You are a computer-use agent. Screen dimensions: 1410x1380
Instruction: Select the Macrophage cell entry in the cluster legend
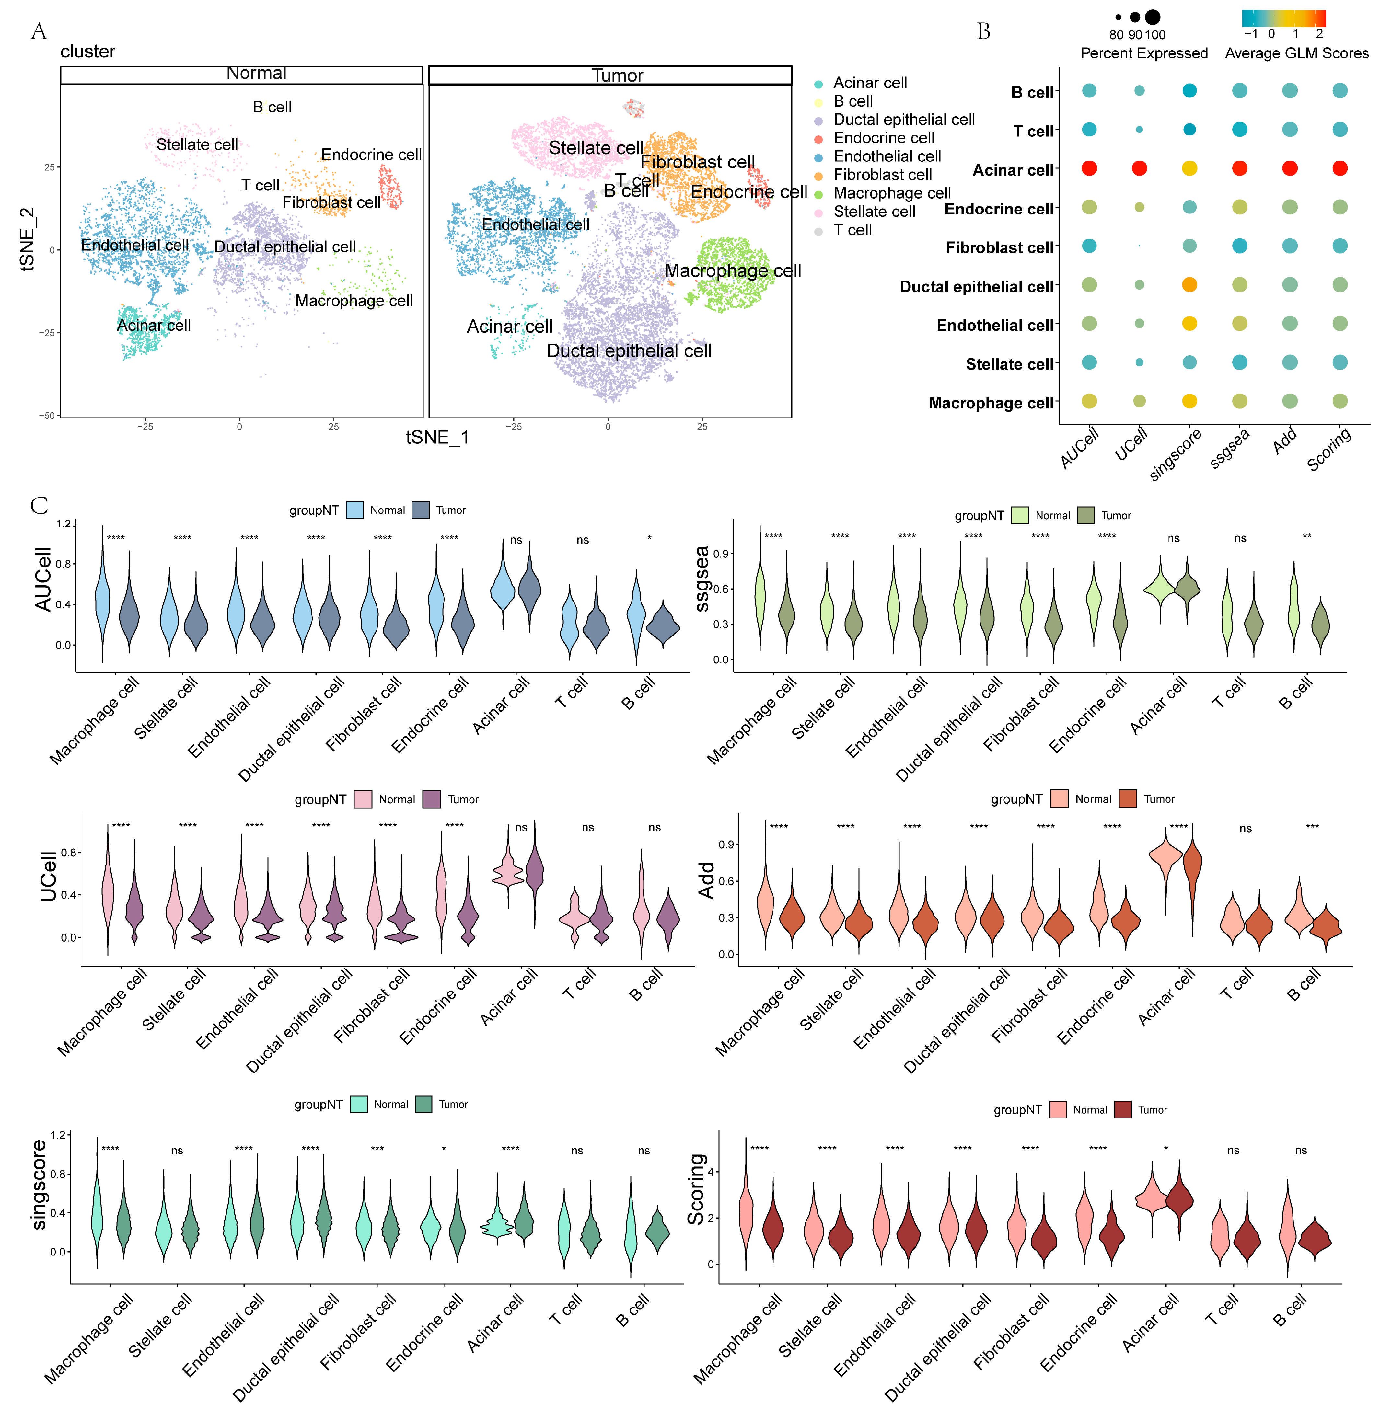(891, 193)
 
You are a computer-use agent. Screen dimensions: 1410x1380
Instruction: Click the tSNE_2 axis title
(28, 239)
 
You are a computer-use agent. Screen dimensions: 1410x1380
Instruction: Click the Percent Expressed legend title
(1144, 54)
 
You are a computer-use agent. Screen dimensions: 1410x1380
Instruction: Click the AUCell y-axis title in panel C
(43, 580)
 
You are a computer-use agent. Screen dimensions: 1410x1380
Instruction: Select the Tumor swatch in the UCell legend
(432, 799)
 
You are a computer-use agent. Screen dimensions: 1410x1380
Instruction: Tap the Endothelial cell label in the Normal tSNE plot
(135, 246)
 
